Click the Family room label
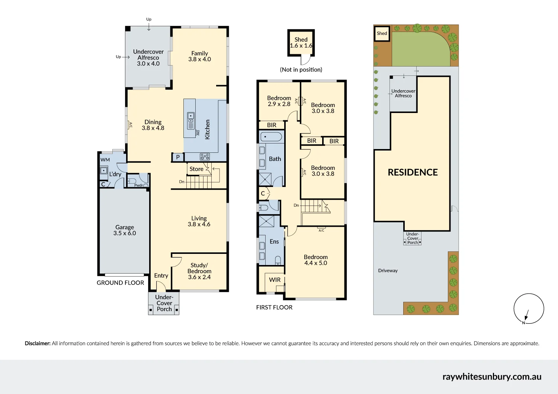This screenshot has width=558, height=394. [199, 56]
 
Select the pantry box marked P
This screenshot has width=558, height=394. [178, 157]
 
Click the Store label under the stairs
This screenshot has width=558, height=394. [196, 169]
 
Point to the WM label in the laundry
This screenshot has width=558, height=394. [105, 160]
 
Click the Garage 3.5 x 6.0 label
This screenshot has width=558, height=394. [125, 230]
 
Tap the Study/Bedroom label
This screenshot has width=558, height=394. [199, 271]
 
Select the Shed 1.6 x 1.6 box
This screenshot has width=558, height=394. [301, 43]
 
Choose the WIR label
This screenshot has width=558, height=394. [275, 280]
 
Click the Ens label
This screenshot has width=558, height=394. [274, 242]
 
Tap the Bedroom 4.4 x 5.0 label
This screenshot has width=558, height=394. [315, 260]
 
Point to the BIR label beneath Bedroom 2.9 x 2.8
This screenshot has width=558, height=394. [272, 125]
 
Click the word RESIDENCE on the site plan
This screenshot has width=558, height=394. [413, 172]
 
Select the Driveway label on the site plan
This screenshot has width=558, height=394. [388, 271]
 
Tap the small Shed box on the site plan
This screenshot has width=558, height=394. [382, 33]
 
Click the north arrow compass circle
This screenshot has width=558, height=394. [529, 309]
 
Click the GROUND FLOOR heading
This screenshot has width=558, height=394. [120, 283]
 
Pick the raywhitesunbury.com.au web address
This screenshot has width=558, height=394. [491, 377]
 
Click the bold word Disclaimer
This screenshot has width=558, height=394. [38, 343]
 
